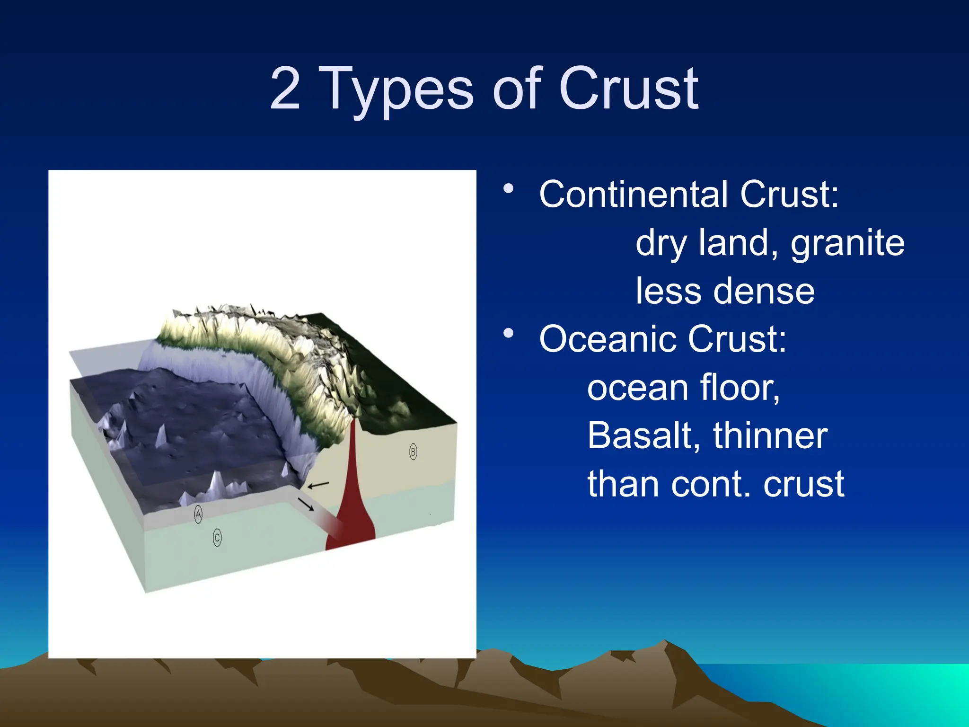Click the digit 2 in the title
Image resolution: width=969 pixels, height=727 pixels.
[285, 89]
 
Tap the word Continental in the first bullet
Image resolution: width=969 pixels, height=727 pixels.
[633, 195]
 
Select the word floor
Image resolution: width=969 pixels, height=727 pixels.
[740, 388]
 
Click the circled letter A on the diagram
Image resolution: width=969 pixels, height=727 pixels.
[198, 514]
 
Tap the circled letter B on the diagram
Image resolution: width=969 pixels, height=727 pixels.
[413, 452]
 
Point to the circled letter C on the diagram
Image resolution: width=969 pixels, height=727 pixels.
[217, 538]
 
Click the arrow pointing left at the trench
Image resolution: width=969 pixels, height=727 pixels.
[318, 485]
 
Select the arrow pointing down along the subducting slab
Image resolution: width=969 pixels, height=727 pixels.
[306, 504]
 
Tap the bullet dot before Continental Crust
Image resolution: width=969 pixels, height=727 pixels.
[509, 189]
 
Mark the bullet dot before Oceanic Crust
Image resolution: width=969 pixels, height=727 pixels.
[509, 333]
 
